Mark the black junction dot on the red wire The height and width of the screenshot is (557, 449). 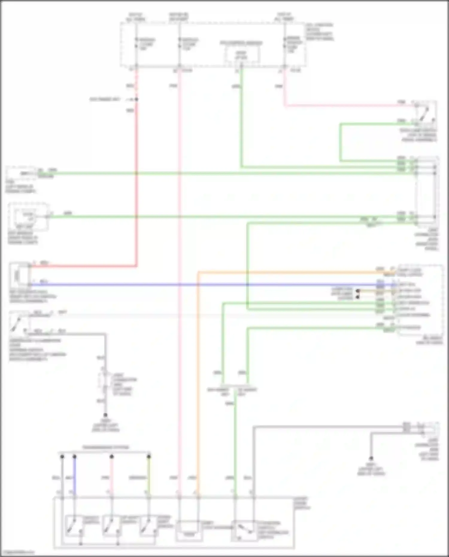pos(136,99)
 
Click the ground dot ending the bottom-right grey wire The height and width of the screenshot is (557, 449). pos(371,458)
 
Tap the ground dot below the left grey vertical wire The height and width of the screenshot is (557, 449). pos(105,415)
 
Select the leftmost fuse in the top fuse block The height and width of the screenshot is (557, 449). pos(136,43)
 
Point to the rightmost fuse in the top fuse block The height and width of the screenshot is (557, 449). pos(285,43)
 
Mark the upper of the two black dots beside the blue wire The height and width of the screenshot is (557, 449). pos(358,291)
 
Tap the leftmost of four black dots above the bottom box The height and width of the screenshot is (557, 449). pos(62,456)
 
